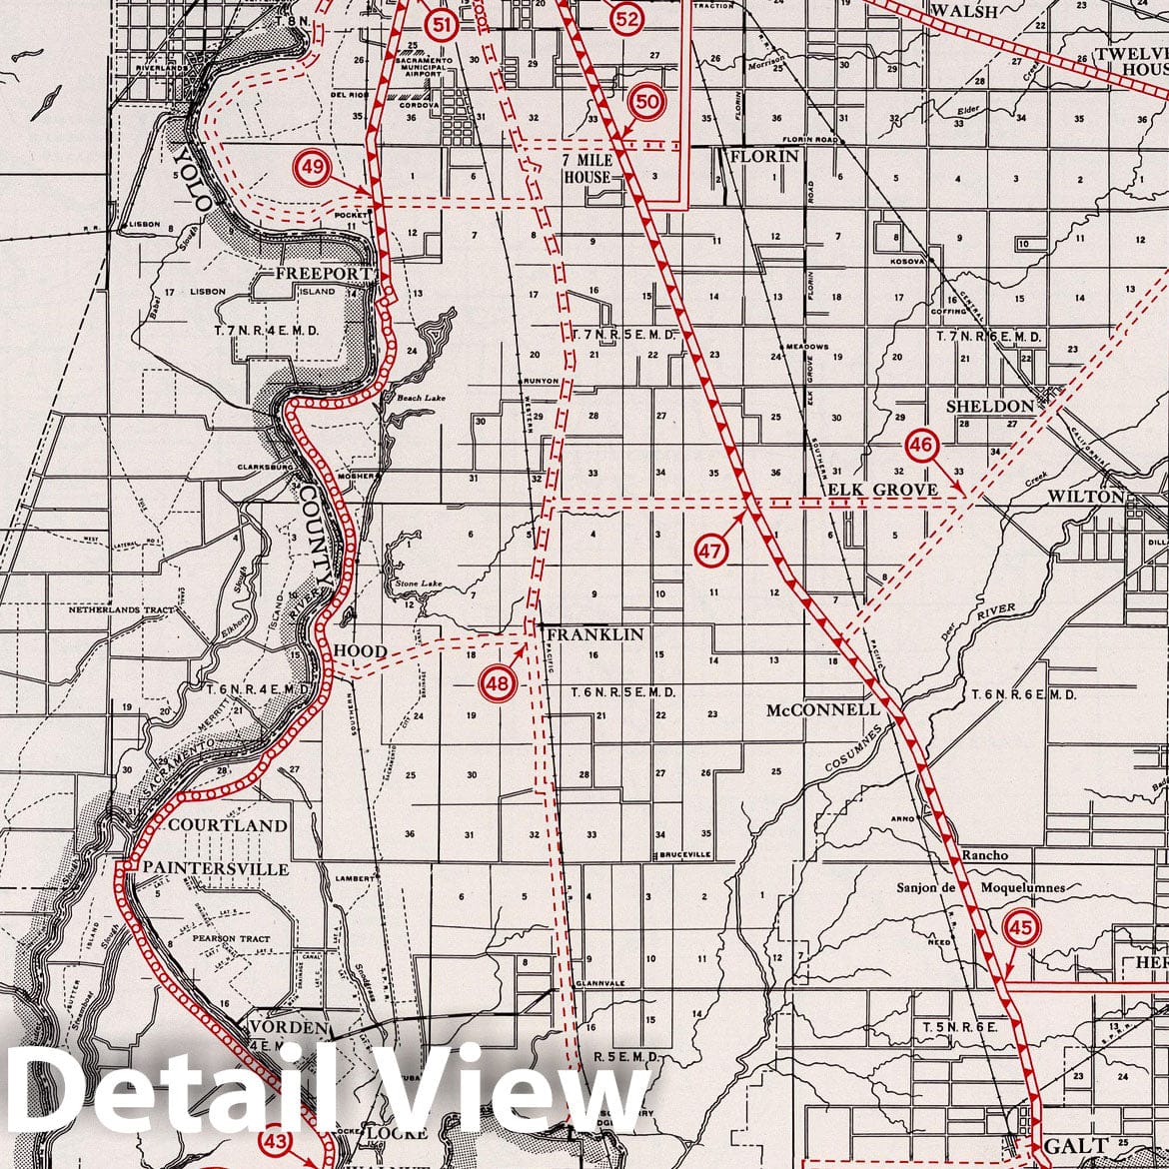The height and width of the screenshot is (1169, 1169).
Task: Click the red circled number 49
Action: (x=313, y=167)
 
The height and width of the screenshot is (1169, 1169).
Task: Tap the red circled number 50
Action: (x=647, y=101)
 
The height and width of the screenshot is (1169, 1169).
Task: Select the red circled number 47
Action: (x=710, y=551)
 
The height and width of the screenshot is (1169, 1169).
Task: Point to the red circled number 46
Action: (x=920, y=446)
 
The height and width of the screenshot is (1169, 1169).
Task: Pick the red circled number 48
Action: (x=498, y=683)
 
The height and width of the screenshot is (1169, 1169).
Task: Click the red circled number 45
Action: (x=1021, y=927)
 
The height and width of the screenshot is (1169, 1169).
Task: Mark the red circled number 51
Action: (x=440, y=25)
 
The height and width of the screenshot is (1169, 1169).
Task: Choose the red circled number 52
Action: (x=626, y=17)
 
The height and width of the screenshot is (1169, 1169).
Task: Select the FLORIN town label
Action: (x=764, y=157)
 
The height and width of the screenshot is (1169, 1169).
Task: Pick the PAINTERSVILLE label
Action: (x=217, y=868)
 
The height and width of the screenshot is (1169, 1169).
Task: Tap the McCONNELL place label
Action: (x=822, y=710)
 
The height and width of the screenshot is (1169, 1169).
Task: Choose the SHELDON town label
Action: (x=990, y=406)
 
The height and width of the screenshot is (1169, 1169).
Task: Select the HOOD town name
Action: (x=360, y=651)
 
